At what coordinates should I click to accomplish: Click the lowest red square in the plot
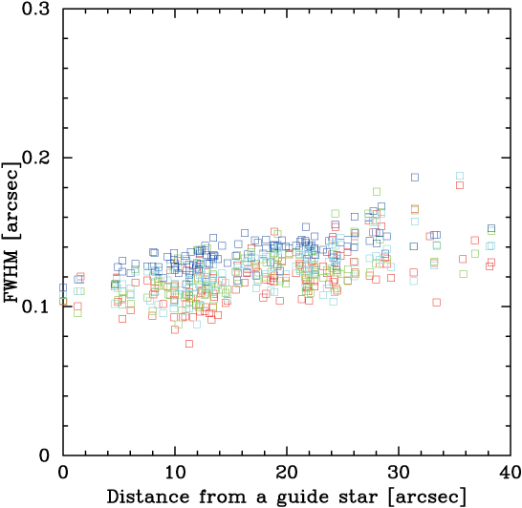tap(189, 344)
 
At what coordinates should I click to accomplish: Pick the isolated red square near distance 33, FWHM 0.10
tap(436, 303)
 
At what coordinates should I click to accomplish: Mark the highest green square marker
tap(377, 191)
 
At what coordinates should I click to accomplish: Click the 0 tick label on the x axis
tap(63, 473)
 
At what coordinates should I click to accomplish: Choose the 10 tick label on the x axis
tap(175, 473)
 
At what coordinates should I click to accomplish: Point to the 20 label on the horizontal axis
tap(287, 473)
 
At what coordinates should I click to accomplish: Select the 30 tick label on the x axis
tap(399, 473)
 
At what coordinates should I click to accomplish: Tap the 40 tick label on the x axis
tap(510, 473)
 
